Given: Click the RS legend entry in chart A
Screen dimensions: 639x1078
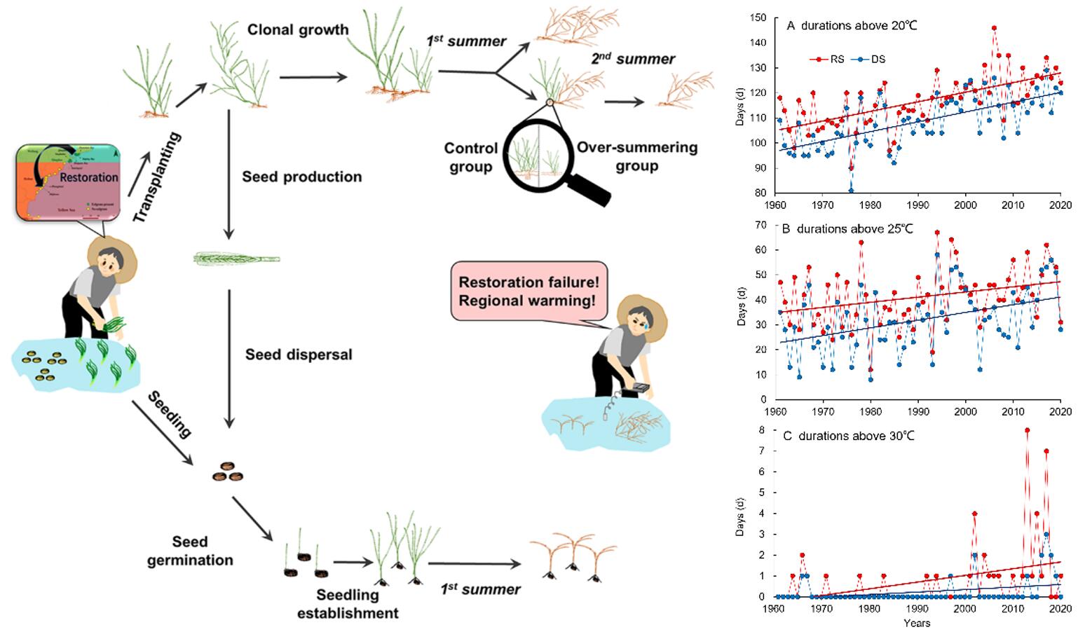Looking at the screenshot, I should tap(831, 60).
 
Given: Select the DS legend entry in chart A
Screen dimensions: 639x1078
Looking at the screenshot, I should tap(872, 60).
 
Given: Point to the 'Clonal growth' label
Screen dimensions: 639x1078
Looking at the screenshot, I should tap(297, 30).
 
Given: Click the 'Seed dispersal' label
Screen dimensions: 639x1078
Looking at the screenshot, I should tap(299, 355).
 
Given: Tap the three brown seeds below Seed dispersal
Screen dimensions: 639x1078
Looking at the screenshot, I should tap(228, 472).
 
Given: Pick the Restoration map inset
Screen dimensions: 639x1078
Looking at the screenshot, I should tap(67, 181).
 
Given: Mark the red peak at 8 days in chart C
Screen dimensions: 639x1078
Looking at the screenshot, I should tap(1027, 430).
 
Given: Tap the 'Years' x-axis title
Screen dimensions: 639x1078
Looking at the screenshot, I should tap(917, 623).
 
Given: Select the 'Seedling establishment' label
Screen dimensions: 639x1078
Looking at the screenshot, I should tap(348, 604).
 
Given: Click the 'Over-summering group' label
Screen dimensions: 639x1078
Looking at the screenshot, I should tap(636, 157).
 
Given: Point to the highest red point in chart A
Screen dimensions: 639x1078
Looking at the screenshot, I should tap(994, 29).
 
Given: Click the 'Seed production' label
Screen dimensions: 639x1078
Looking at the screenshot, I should tap(302, 177).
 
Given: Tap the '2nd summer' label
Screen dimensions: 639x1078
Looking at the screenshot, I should tap(632, 59).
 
